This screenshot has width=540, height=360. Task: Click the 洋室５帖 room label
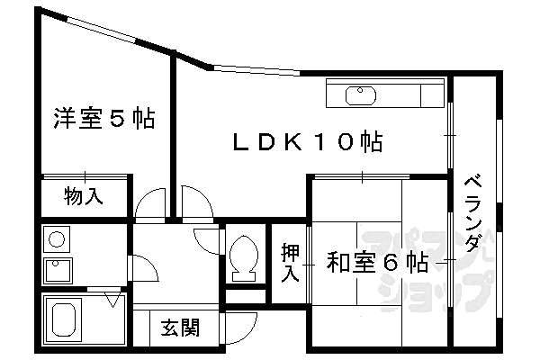click(104, 118)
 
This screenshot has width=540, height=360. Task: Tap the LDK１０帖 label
click(308, 141)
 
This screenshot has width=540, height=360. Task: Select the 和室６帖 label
click(377, 263)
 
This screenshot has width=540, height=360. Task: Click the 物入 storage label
click(84, 196)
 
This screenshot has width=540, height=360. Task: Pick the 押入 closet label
click(290, 262)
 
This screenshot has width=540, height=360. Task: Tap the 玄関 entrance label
click(180, 328)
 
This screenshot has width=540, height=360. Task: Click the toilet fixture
click(244, 257)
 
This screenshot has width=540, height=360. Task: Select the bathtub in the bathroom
click(63, 319)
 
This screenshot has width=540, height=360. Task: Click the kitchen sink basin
click(360, 95)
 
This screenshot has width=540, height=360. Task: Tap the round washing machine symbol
click(57, 239)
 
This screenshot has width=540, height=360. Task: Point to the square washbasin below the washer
click(58, 270)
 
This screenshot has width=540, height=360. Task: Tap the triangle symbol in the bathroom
click(112, 299)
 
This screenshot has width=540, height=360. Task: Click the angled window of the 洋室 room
click(101, 31)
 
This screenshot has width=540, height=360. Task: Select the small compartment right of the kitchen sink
click(432, 95)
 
